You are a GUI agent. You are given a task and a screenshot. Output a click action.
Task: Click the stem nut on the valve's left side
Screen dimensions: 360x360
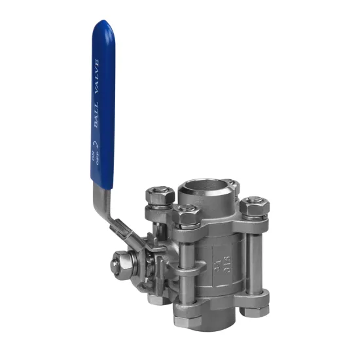[121, 264]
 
